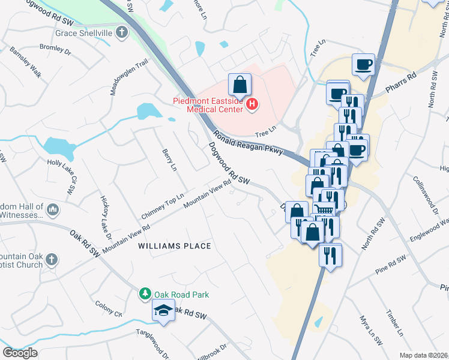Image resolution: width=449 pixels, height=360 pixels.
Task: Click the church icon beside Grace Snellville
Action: pos(122,32)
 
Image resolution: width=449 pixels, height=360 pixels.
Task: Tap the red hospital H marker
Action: pos(252,105)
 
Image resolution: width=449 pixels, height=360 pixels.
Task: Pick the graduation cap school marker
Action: pos(163,311)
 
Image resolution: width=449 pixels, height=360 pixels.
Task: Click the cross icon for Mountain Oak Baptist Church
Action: pos(52,260)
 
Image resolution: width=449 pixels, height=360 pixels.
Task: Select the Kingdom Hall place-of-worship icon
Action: pos(53,209)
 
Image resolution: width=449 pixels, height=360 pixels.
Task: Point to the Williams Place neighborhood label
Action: pos(174,246)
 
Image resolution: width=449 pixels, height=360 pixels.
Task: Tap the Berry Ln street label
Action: pos(169,159)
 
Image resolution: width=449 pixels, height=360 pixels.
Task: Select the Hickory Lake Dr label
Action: pos(105,215)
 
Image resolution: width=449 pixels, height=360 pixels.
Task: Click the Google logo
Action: pos(20,352)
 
